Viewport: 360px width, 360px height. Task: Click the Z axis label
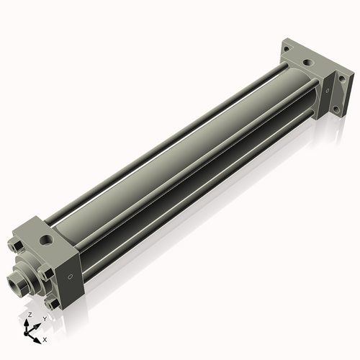[30, 315]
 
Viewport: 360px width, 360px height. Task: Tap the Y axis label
[45, 319]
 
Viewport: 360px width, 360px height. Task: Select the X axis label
[45, 340]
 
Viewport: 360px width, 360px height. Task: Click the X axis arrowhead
[37, 341]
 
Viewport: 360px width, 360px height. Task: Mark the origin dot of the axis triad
[26, 333]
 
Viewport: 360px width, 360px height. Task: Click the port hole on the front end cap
[46, 239]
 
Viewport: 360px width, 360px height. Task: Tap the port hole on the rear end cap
[307, 63]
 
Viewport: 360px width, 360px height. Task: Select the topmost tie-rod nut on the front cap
[16, 246]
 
